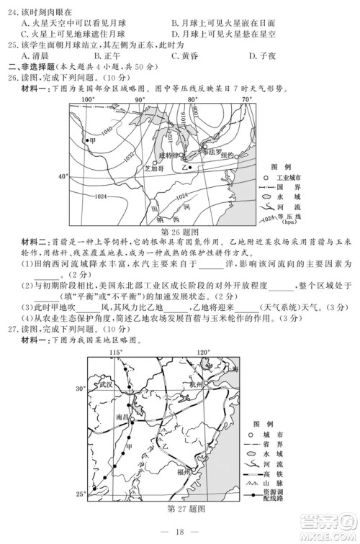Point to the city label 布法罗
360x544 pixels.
coord(212,151)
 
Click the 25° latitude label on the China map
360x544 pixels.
coord(80,494)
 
